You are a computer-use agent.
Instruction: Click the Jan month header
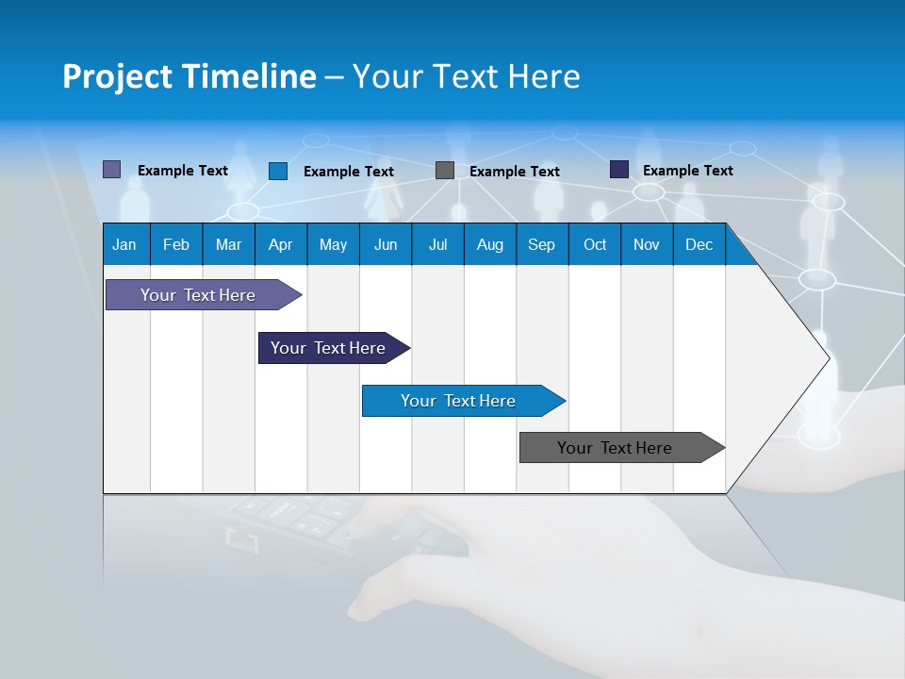(x=124, y=245)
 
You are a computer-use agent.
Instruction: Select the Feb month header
(x=176, y=245)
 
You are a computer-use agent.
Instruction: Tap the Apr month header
(x=280, y=245)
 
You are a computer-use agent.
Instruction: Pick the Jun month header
(x=386, y=245)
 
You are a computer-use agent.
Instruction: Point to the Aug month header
(x=489, y=245)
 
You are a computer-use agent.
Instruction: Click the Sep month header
(x=541, y=245)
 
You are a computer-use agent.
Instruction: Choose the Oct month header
(x=595, y=245)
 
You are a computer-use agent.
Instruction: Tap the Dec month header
(x=699, y=245)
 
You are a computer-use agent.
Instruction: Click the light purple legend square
(x=112, y=170)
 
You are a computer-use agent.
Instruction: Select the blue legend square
(x=278, y=171)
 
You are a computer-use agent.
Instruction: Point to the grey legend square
(x=445, y=171)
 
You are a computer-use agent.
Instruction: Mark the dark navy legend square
(x=619, y=170)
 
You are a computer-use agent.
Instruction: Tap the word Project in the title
(x=118, y=76)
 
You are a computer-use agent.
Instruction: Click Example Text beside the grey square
(x=515, y=172)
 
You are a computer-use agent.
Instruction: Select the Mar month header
(x=228, y=245)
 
